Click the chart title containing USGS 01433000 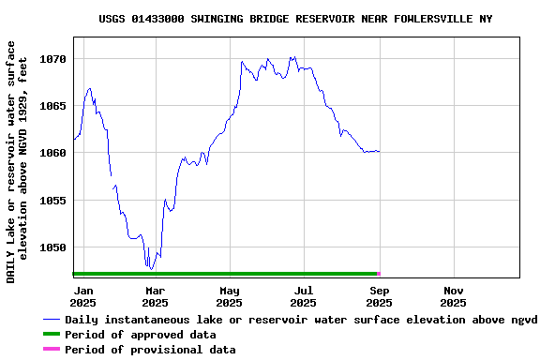tap(295, 19)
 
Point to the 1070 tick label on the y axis tap(52, 59)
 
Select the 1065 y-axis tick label tap(52, 106)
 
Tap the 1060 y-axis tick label tap(52, 153)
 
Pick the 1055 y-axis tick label tap(52, 201)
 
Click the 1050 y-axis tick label tap(52, 247)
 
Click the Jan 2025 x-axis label tap(82, 296)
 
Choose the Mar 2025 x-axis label tap(155, 296)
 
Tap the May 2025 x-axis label tap(229, 296)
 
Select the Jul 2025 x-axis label tap(303, 296)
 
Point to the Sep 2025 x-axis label tap(379, 296)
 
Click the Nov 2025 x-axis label tap(453, 296)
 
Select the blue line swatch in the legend tap(51, 320)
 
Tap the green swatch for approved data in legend tap(51, 335)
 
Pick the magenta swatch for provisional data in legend tap(51, 350)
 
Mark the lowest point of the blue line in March tap(151, 269)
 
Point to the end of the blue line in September tap(379, 151)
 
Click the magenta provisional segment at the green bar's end tap(378, 274)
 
